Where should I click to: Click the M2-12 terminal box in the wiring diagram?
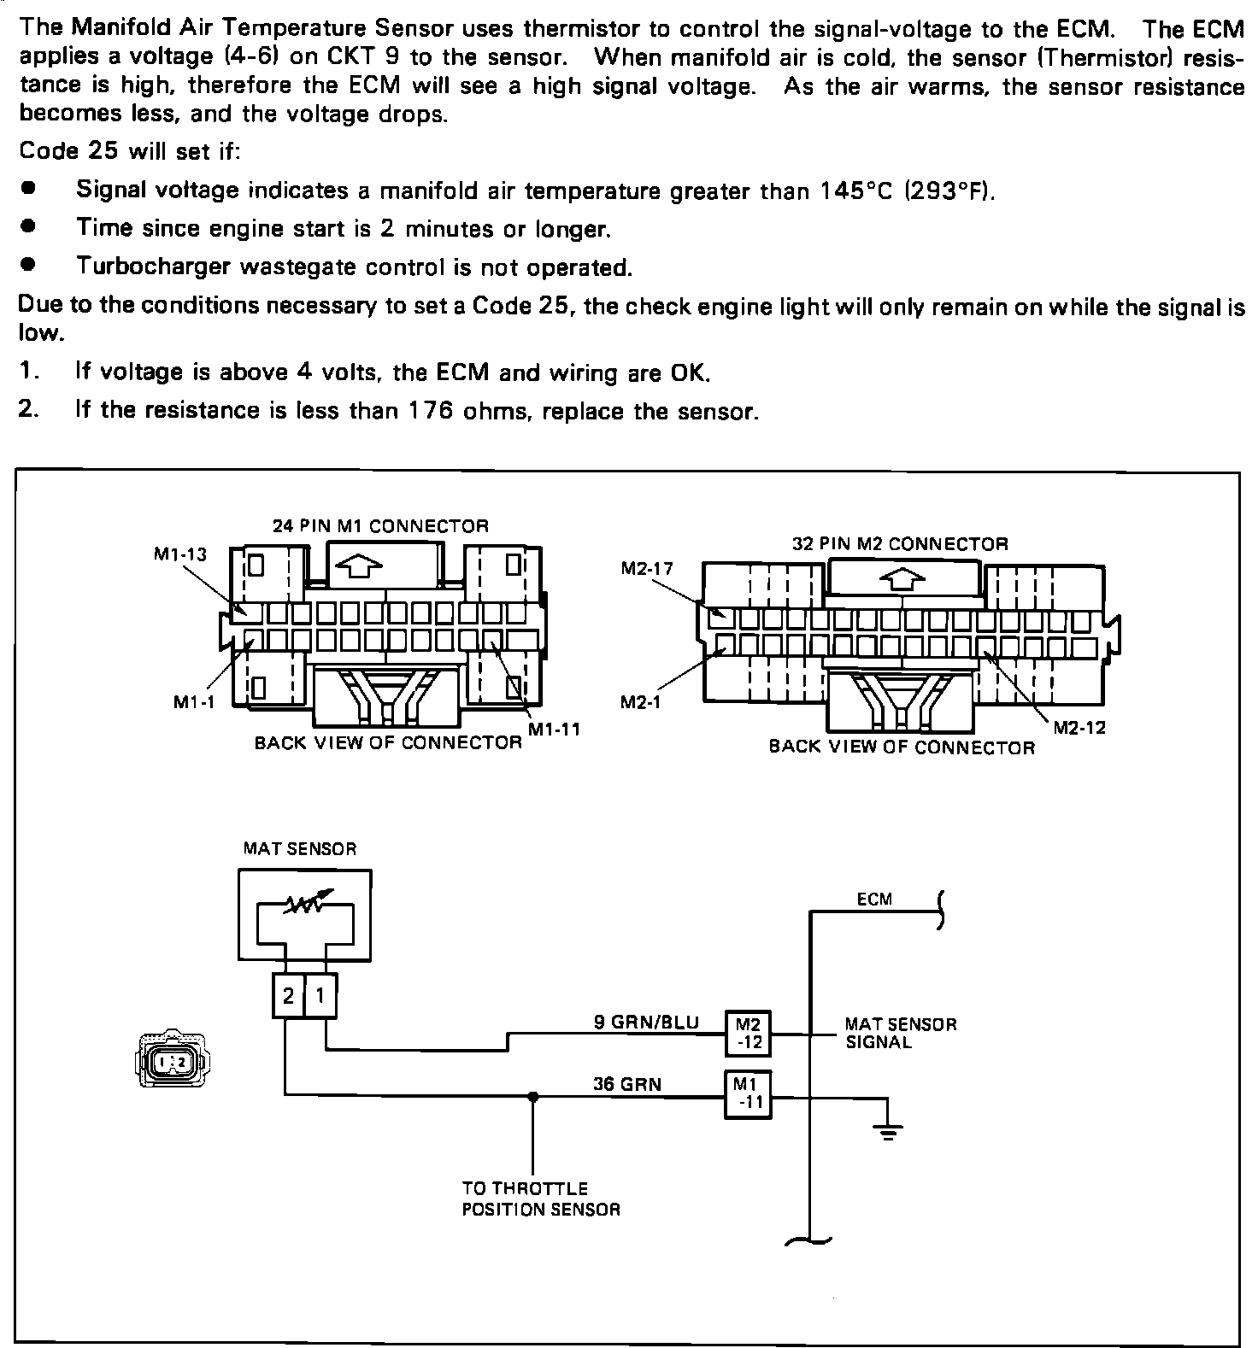point(748,1032)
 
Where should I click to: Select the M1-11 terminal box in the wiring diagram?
point(748,1094)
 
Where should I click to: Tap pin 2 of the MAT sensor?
point(289,995)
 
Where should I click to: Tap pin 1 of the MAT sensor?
point(320,995)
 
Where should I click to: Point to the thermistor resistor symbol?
point(304,904)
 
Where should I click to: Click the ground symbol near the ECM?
point(888,1134)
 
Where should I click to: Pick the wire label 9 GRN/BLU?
point(646,1022)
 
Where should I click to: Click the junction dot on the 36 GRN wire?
point(533,1096)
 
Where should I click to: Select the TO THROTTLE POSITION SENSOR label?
point(540,1199)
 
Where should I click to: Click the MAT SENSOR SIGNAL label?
point(901,1032)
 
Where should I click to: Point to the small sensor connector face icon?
point(171,1061)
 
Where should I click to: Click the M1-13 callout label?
point(179,554)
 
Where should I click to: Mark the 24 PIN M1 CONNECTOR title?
point(380,526)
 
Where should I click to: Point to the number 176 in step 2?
point(428,410)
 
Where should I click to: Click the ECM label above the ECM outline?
point(874,899)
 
